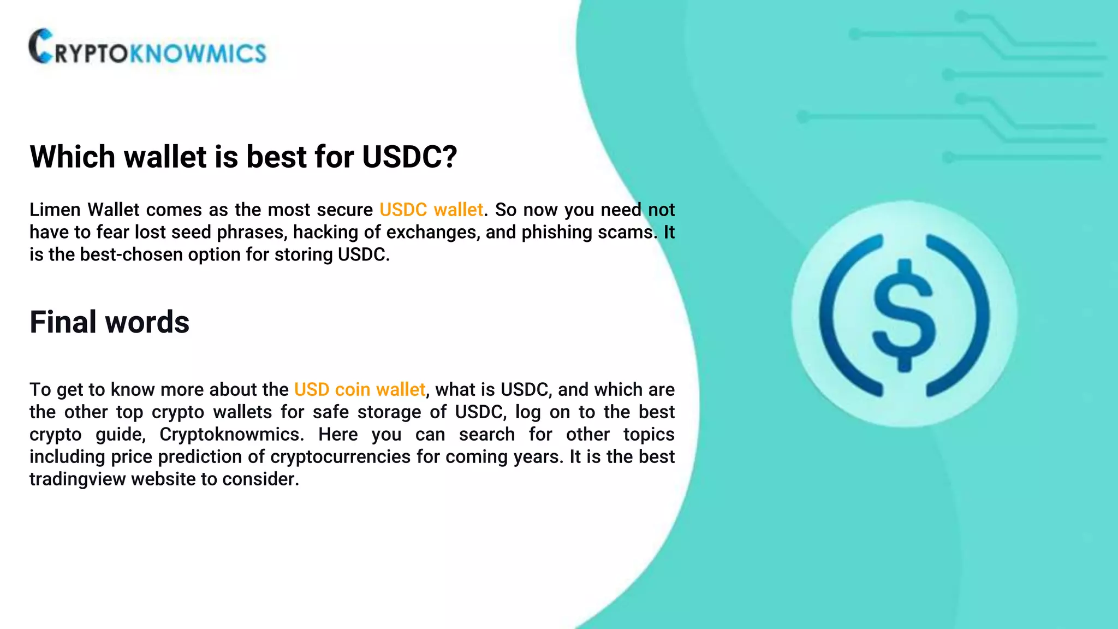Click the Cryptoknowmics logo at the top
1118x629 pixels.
[x=147, y=48]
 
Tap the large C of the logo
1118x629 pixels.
[x=41, y=46]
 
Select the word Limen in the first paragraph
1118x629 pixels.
[x=55, y=210]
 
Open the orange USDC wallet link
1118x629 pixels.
[x=431, y=210]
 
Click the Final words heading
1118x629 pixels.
[x=109, y=322]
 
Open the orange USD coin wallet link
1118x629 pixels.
[x=359, y=389]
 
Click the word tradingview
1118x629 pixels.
[x=78, y=479]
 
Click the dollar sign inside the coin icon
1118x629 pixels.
[x=904, y=316]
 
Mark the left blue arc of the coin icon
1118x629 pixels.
[x=835, y=316]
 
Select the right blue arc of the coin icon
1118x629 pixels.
[x=974, y=316]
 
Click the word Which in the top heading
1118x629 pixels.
[x=72, y=157]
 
